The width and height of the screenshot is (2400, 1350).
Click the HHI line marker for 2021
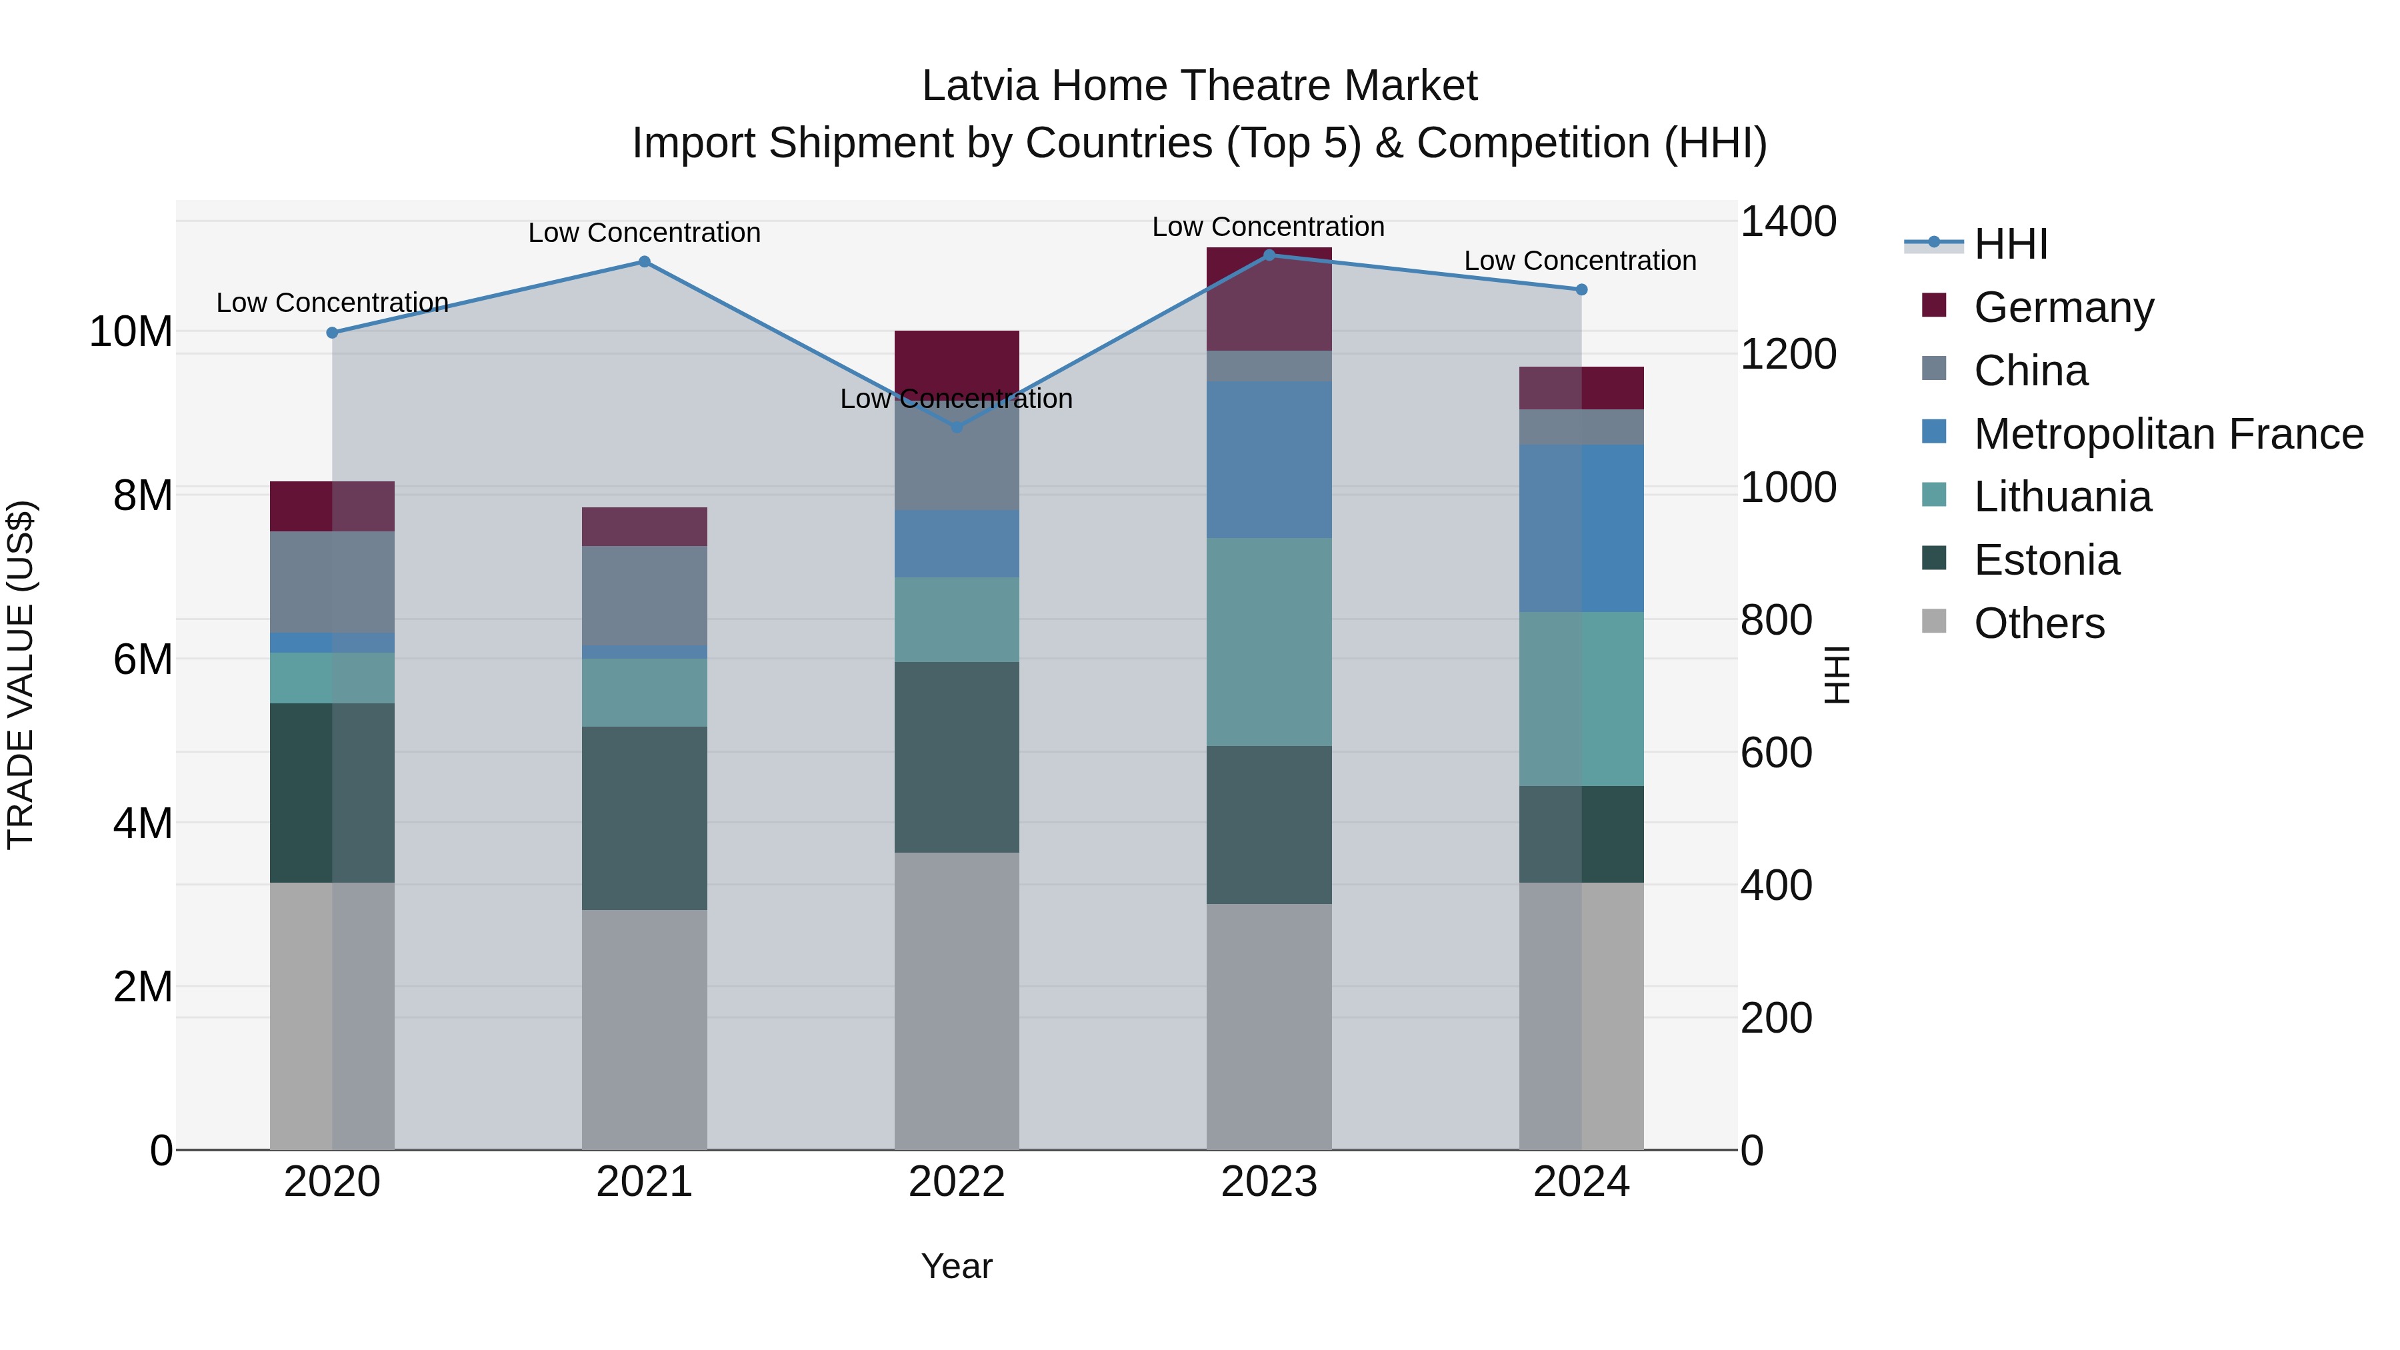point(644,262)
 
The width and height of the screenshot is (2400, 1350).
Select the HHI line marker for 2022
point(957,427)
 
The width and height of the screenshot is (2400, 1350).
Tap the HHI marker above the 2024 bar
point(1581,290)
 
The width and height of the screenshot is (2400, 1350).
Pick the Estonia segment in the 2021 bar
point(644,818)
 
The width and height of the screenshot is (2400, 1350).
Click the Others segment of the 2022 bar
point(957,1001)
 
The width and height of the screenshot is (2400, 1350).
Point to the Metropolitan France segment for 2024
point(1581,527)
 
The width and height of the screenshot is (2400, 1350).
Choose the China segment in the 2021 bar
point(644,595)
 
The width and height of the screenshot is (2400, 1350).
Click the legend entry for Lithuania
point(2062,497)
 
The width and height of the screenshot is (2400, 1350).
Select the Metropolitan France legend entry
point(2167,433)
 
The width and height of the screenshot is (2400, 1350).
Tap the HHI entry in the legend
point(2011,244)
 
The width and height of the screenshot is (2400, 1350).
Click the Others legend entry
point(2039,623)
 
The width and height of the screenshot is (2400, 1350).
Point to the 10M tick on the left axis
point(131,332)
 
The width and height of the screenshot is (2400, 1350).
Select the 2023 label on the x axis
point(1269,1182)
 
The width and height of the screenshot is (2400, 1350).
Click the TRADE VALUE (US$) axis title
point(21,675)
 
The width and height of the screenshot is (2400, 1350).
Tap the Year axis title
point(957,1266)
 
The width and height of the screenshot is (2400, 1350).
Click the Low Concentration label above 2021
point(644,232)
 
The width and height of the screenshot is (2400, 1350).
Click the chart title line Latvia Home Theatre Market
point(1199,86)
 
